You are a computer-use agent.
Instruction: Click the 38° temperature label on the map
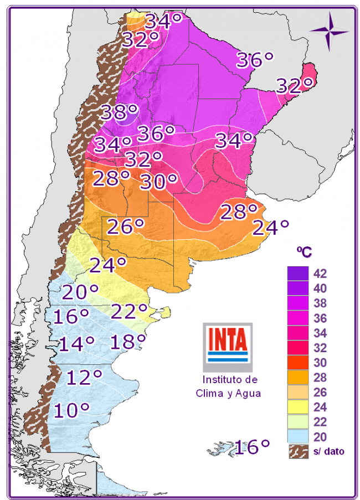(x=119, y=112)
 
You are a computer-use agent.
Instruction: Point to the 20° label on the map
(x=80, y=292)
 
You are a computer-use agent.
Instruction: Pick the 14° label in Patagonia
(x=76, y=344)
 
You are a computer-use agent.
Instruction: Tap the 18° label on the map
(x=128, y=342)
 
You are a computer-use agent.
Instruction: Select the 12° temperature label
(x=84, y=378)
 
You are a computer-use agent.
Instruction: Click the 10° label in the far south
(x=72, y=411)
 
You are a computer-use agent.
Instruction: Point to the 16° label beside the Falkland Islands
(x=252, y=446)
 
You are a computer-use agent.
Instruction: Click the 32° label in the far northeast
(x=295, y=86)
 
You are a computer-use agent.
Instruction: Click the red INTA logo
(x=227, y=340)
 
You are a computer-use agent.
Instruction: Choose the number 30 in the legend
(x=320, y=363)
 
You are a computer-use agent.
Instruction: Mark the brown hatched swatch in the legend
(x=297, y=451)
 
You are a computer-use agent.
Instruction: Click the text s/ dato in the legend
(x=329, y=451)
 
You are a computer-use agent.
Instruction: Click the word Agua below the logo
(x=247, y=393)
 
